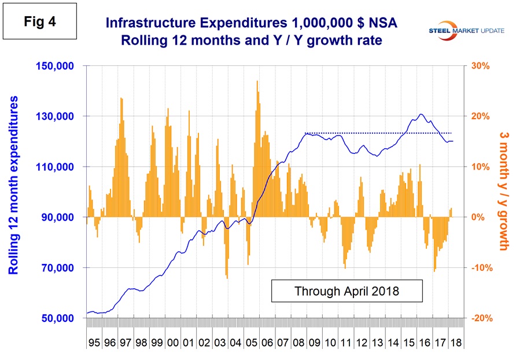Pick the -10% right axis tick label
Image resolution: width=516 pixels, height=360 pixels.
pos(480,268)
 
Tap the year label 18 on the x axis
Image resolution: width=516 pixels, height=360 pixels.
pos(455,341)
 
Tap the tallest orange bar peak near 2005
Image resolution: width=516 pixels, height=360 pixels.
pos(257,82)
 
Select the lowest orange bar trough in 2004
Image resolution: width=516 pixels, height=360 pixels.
pos(227,278)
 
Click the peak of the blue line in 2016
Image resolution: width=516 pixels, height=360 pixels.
pos(421,115)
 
